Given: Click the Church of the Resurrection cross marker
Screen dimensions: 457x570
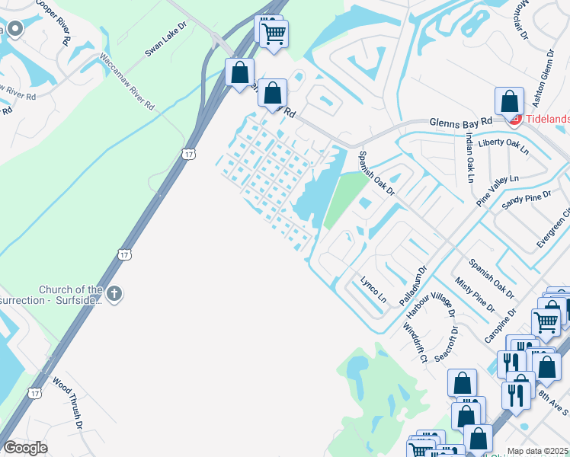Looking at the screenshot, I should [x=114, y=294].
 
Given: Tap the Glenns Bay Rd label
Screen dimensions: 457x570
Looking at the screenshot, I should [x=461, y=122].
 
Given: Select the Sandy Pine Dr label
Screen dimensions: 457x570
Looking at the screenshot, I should [x=526, y=201].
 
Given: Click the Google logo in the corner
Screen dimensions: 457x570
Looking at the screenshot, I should [x=24, y=448].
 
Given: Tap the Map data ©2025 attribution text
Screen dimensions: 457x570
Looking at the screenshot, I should [x=538, y=451].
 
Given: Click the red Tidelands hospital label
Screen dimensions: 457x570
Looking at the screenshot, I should [x=546, y=120].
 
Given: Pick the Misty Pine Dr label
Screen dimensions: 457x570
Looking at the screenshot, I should [x=475, y=296].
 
